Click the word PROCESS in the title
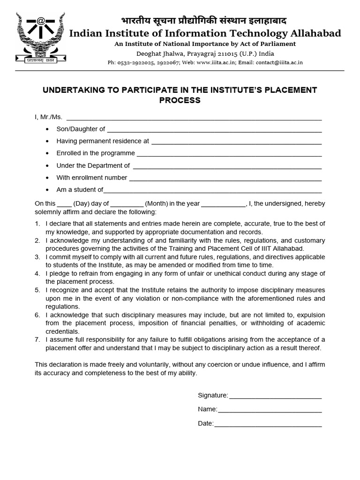pyautogui.click(x=180, y=100)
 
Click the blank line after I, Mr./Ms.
pyautogui.click(x=195, y=117)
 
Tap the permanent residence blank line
pyautogui.click(x=236, y=142)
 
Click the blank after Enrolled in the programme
pyautogui.click(x=229, y=154)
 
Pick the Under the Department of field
pyautogui.click(x=227, y=166)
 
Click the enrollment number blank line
pyautogui.click(x=225, y=178)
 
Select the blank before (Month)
pyautogui.click(x=127, y=204)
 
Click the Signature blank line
pyautogui.click(x=275, y=397)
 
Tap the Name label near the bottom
pyautogui.click(x=207, y=409)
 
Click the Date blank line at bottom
pyautogui.click(x=268, y=424)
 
